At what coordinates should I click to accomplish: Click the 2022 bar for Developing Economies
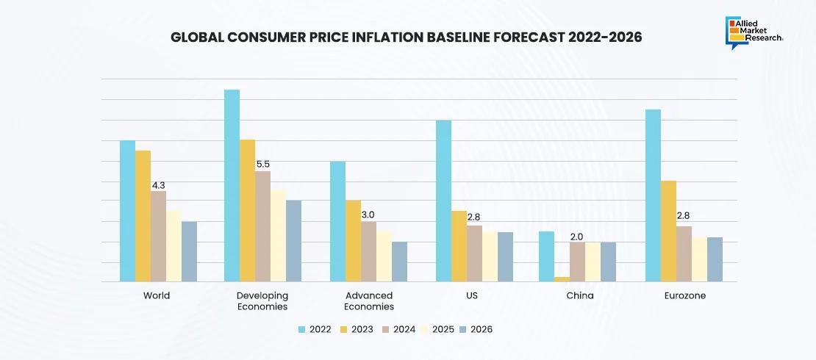tap(232, 185)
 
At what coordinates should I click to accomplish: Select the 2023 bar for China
tap(562, 279)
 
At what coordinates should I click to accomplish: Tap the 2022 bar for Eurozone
tap(653, 195)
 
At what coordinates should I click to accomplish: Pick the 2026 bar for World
tap(189, 251)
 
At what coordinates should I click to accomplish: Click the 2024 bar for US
tap(474, 253)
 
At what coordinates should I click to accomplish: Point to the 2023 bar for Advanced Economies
tap(353, 241)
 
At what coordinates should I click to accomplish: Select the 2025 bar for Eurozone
tap(699, 259)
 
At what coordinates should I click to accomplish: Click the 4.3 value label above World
tap(158, 186)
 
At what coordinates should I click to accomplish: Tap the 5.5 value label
tap(262, 165)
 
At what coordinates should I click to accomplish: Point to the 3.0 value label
tap(368, 215)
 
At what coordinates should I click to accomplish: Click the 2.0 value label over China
tap(577, 237)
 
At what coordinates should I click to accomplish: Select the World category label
tap(157, 295)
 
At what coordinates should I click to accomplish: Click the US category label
tap(474, 295)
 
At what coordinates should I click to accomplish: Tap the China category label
tap(579, 295)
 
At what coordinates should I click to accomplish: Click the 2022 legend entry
tap(315, 329)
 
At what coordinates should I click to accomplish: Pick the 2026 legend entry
tap(476, 329)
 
